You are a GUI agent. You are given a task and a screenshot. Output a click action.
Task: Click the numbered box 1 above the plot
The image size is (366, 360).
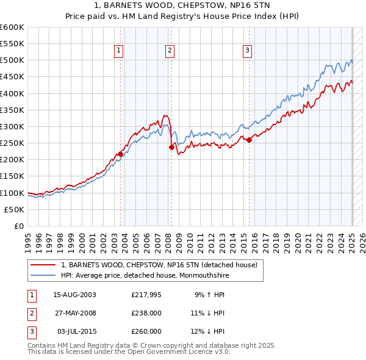[118, 51]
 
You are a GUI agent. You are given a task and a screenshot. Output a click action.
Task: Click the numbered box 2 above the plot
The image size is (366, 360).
[170, 51]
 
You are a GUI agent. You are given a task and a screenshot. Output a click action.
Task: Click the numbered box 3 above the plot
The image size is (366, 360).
[247, 51]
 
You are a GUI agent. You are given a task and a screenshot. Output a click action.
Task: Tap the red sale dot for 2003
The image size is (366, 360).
[121, 154]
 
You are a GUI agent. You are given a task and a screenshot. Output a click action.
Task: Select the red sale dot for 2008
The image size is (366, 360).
[172, 147]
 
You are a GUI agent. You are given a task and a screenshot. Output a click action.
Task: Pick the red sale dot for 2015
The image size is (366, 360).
[249, 140]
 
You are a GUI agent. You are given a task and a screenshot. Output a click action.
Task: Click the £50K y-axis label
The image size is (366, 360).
[15, 209]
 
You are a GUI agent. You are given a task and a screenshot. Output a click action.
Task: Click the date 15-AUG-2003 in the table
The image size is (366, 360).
[75, 295]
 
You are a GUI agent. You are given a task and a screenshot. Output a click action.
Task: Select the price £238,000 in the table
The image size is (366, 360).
[146, 313]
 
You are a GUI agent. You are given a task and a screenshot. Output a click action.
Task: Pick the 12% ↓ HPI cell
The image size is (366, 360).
[209, 331]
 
